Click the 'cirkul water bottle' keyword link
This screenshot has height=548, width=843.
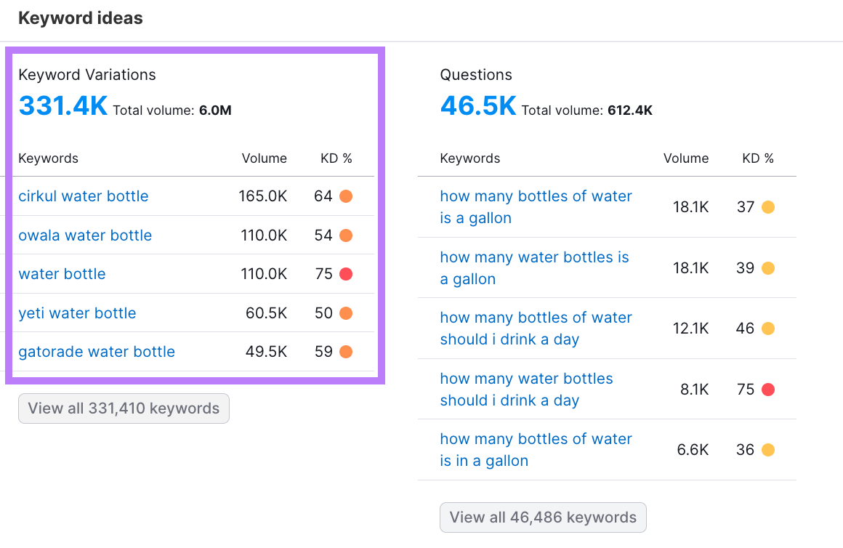[x=84, y=196]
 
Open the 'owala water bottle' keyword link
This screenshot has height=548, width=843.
[x=85, y=235]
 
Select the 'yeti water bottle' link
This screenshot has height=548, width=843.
[x=77, y=313]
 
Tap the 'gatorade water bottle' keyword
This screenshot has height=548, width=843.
[x=97, y=352]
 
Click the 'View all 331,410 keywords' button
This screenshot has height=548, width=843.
[x=124, y=408]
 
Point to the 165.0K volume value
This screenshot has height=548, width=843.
[x=262, y=196]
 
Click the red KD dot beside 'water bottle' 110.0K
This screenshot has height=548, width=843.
[x=346, y=274]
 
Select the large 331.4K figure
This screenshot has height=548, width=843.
[x=62, y=106]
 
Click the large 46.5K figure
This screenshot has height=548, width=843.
[x=478, y=106]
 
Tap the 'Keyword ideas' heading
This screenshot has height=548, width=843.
[x=81, y=18]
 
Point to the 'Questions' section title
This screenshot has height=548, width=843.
[x=476, y=75]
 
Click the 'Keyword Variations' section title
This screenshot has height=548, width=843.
[x=87, y=75]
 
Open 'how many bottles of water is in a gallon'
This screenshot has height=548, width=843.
[x=536, y=450]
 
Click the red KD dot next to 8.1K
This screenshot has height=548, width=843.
[x=767, y=390]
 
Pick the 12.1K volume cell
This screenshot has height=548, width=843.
[x=690, y=329]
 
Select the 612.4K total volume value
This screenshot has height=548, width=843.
[x=630, y=110]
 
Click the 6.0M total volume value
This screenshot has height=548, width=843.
[x=215, y=110]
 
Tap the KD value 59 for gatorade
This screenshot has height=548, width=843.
[x=323, y=352]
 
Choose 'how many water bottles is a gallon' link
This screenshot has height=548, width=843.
[x=534, y=268]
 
